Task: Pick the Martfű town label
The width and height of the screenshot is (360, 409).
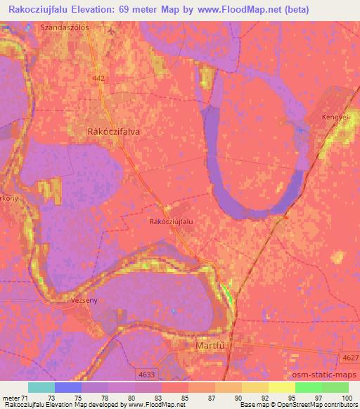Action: pyautogui.click(x=210, y=346)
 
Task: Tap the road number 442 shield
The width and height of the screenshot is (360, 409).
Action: pyautogui.click(x=96, y=81)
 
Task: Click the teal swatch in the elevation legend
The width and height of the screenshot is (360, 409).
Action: pyautogui.click(x=41, y=387)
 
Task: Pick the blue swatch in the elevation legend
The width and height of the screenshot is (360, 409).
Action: pyautogui.click(x=68, y=387)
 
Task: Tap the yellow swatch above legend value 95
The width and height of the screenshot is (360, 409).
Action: pyautogui.click(x=282, y=387)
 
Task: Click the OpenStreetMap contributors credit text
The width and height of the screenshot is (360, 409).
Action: pyautogui.click(x=316, y=405)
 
